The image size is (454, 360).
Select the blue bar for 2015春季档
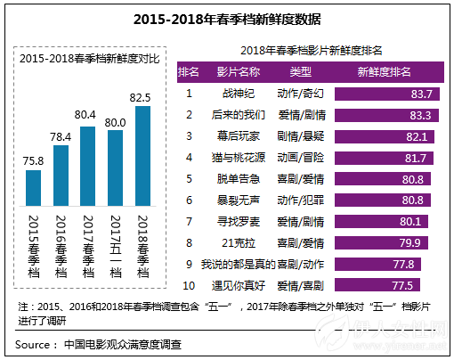click(x=34, y=186)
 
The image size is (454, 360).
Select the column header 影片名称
click(x=237, y=70)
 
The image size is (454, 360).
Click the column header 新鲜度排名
click(x=383, y=70)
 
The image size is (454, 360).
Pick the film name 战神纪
click(x=237, y=93)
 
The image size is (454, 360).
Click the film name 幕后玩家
click(x=237, y=136)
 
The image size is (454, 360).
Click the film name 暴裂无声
click(x=237, y=200)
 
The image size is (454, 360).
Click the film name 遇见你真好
click(x=237, y=286)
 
